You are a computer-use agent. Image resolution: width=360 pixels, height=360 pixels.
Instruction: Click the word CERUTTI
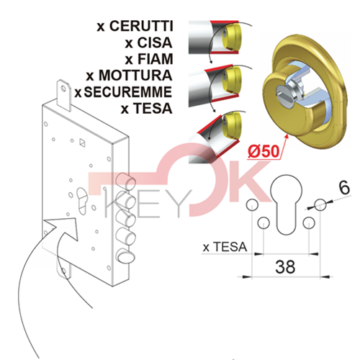pyautogui.click(x=141, y=26)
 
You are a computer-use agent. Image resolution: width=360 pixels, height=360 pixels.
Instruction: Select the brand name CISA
pyautogui.click(x=155, y=42)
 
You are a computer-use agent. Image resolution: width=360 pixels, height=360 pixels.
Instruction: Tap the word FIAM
pyautogui.click(x=156, y=59)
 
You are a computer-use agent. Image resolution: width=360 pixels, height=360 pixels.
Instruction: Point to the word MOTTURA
pyautogui.click(x=135, y=75)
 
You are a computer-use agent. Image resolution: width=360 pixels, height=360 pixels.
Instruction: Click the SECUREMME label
pyautogui.click(x=128, y=92)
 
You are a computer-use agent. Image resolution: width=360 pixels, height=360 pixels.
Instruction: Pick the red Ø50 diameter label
pyautogui.click(x=264, y=152)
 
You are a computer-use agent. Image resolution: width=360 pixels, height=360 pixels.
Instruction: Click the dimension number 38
pyautogui.click(x=285, y=266)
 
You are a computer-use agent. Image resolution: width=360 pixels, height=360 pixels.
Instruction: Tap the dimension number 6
pyautogui.click(x=344, y=188)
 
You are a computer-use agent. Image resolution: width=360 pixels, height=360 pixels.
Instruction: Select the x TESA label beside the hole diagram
pyautogui.click(x=225, y=247)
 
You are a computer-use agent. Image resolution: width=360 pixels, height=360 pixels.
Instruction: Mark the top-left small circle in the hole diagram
pyautogui.click(x=252, y=205)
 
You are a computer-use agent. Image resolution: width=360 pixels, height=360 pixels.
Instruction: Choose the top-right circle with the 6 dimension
pyautogui.click(x=320, y=204)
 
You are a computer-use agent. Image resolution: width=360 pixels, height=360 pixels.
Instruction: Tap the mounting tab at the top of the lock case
pyautogui.click(x=63, y=95)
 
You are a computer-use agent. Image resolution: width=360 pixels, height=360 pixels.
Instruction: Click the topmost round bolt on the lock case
pyautogui.click(x=125, y=181)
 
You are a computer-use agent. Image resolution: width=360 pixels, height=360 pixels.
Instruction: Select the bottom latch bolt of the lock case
pyautogui.click(x=126, y=257)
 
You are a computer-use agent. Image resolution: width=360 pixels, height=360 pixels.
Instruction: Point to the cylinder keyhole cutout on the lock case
pyautogui.click(x=82, y=201)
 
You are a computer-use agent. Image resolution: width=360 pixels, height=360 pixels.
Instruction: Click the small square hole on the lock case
pyautogui.click(x=82, y=143)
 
